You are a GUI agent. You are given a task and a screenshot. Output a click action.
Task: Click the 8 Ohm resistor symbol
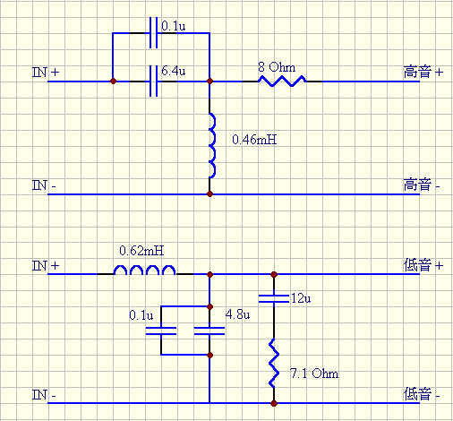[x=282, y=81]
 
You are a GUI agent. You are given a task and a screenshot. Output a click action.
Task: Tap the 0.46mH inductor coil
[x=212, y=146]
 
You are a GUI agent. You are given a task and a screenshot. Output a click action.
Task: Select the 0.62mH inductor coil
[x=144, y=271]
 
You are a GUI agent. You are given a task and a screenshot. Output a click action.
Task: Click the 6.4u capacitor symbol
[x=153, y=81]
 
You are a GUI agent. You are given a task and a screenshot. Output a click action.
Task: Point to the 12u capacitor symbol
[x=274, y=299]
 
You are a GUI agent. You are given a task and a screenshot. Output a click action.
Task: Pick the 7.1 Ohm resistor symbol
[x=274, y=363]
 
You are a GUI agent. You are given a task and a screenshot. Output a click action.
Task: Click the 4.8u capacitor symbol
[x=209, y=331]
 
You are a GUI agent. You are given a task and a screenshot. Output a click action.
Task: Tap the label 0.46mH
[x=254, y=140]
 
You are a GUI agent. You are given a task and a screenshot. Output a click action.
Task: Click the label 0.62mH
[x=141, y=251]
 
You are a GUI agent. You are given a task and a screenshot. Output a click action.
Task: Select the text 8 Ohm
[x=277, y=67]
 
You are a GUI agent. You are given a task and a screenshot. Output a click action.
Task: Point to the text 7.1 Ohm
[x=314, y=374]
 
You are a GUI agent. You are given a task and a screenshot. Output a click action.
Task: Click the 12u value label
[x=301, y=298]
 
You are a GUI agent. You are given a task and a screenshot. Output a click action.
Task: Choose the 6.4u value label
[x=174, y=71]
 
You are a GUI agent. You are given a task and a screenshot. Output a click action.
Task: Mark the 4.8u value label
[x=237, y=314]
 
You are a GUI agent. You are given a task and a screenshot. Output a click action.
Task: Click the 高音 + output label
[x=423, y=73]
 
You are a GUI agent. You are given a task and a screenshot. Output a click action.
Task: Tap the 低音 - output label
[x=422, y=394]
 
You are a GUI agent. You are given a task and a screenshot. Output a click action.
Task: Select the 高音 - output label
[x=422, y=185]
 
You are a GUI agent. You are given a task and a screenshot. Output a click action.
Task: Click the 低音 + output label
[x=423, y=265]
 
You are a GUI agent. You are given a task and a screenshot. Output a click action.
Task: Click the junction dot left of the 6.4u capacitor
[x=113, y=82]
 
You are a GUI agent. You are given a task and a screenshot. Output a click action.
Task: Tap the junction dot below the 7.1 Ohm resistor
[x=274, y=403]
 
